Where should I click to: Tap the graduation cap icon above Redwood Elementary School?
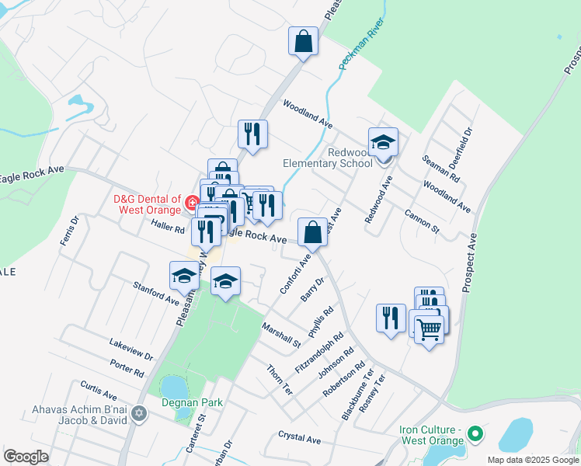(383, 142)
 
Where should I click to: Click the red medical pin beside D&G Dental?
(192, 204)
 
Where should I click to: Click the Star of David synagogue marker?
(139, 412)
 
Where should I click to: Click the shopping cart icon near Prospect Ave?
(428, 329)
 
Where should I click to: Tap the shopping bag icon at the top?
(303, 41)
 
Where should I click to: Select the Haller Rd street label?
(168, 229)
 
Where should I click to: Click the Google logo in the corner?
(26, 457)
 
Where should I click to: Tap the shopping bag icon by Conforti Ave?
(312, 231)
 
